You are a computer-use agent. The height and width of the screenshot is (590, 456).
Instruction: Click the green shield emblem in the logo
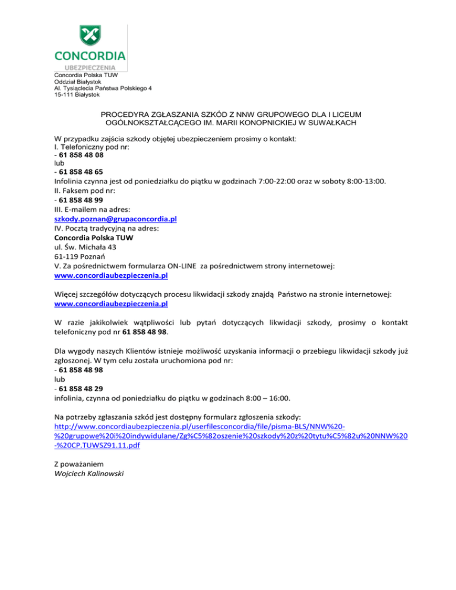pos(90,35)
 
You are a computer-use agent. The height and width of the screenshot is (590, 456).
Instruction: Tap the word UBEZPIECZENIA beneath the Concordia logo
pos(90,68)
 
